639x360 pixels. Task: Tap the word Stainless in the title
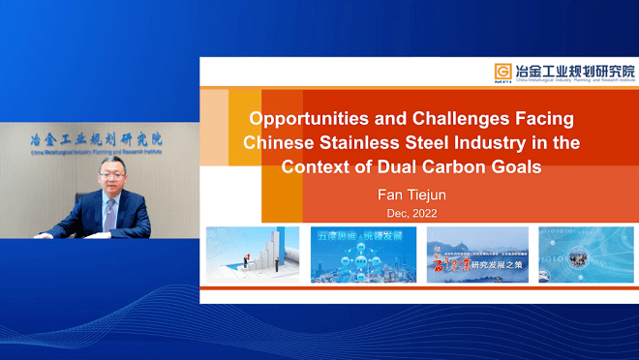coord(371,143)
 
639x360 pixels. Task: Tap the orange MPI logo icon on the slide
coord(502,72)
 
